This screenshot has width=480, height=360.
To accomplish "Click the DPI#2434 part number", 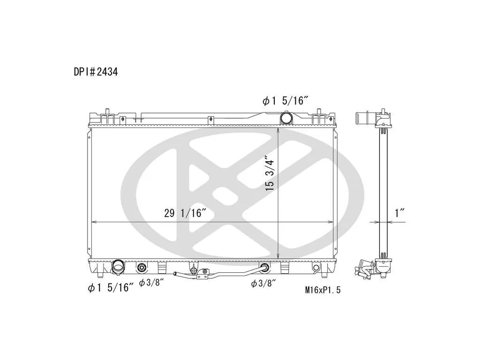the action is pyautogui.click(x=96, y=72).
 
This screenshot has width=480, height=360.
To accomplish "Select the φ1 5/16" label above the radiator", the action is pyautogui.click(x=285, y=101).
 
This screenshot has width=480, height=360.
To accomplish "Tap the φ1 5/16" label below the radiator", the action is pyautogui.click(x=111, y=288).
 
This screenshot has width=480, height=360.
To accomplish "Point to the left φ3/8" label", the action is pyautogui.click(x=150, y=283).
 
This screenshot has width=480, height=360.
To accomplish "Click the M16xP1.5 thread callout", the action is pyautogui.click(x=322, y=290).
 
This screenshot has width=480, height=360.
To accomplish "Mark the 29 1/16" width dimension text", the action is pyautogui.click(x=184, y=213).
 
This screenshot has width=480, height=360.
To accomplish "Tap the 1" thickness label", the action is pyautogui.click(x=400, y=213).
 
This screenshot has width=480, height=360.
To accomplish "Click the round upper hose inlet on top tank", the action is pyautogui.click(x=286, y=118).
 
